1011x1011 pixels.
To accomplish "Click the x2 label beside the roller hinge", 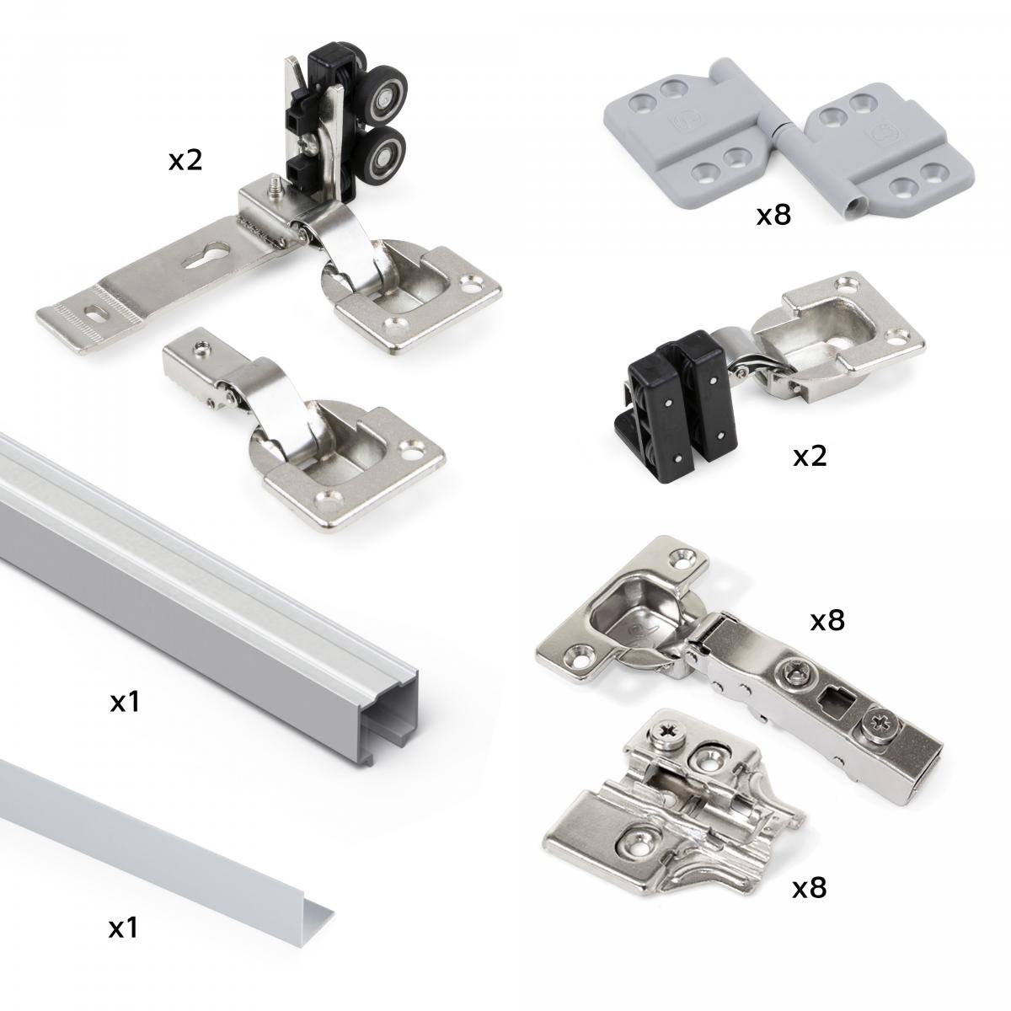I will [x=185, y=160].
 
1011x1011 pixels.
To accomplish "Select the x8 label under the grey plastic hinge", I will [x=773, y=216].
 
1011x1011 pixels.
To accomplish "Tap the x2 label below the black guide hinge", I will [x=810, y=456].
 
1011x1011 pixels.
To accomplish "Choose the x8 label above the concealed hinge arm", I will [x=826, y=621].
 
